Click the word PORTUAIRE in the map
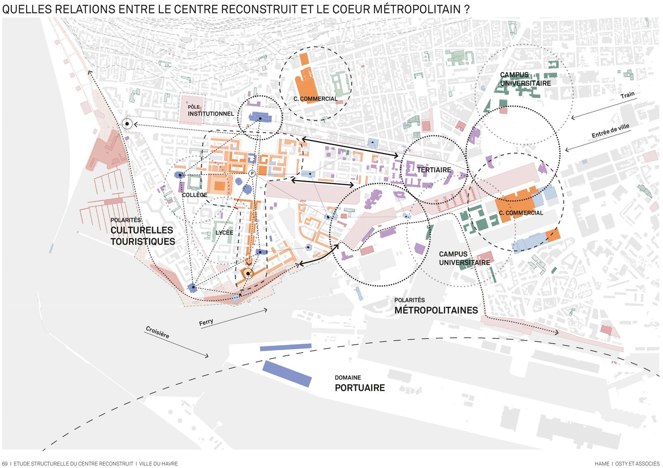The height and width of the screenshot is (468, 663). point(360,388)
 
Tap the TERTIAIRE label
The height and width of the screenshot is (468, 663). point(434,170)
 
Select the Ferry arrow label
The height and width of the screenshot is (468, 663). point(206,322)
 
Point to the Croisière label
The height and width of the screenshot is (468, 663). point(157,332)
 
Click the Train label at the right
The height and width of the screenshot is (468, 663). point(627,95)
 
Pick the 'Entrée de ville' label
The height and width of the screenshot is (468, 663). point(610,131)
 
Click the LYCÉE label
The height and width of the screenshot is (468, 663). point(224,233)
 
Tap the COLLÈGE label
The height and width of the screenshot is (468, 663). point(194,195)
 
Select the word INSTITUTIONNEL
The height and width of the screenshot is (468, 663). point(211,114)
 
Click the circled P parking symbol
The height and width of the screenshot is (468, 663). point(252,174)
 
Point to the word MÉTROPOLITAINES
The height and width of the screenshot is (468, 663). point(436,310)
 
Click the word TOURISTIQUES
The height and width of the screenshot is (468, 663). point(143,242)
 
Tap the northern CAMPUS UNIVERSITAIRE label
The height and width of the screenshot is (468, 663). point(525,79)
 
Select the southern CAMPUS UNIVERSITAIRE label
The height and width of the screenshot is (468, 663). point(464,258)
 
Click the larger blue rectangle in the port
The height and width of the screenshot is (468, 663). point(287,373)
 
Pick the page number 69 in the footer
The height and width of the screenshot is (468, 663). point(5,463)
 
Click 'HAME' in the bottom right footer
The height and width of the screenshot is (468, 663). point(602,463)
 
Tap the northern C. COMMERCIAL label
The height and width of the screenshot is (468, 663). point(315,99)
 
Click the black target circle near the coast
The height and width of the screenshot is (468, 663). point(127,124)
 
